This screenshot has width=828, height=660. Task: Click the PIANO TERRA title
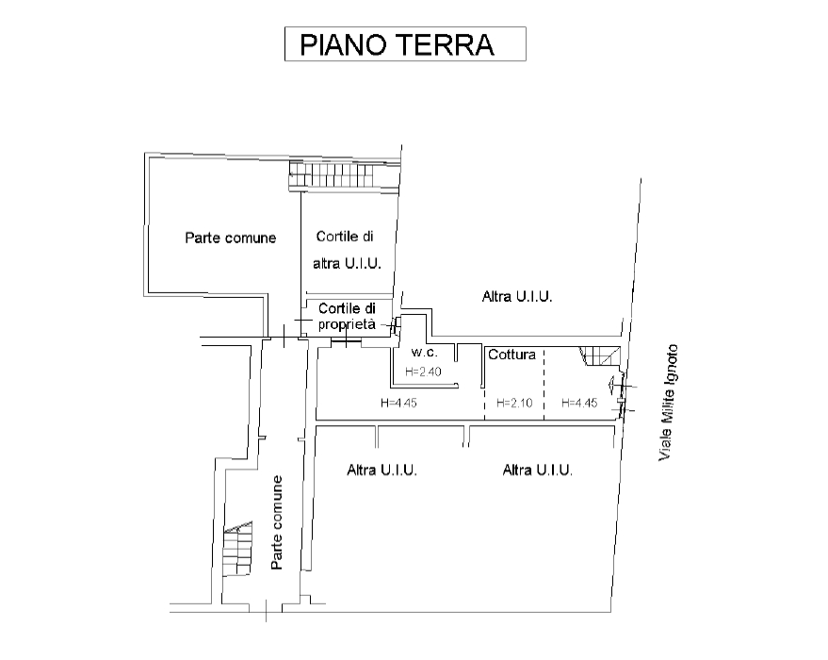tap(398, 44)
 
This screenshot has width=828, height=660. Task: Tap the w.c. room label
tap(424, 353)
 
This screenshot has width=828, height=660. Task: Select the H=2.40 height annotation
tap(423, 371)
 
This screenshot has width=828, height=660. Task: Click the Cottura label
tap(511, 355)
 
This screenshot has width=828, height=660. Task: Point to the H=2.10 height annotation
tap(514, 404)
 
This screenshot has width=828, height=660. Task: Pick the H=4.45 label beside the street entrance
tap(579, 404)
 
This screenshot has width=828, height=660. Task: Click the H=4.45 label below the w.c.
tap(398, 404)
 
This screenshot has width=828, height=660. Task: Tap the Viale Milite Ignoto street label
tap(668, 403)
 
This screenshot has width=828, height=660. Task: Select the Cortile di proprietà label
tap(347, 316)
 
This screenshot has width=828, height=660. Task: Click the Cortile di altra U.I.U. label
tap(347, 250)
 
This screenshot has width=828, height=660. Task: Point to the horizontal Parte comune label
tap(230, 238)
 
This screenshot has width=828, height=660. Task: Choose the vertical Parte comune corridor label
tap(277, 522)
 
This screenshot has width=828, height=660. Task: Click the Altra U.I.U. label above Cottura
tap(517, 296)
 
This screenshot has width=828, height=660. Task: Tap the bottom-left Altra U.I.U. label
tap(382, 470)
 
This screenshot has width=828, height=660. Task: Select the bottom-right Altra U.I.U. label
tap(538, 470)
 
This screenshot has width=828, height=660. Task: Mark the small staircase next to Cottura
tap(600, 356)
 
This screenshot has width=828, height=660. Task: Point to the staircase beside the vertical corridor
tap(237, 549)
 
